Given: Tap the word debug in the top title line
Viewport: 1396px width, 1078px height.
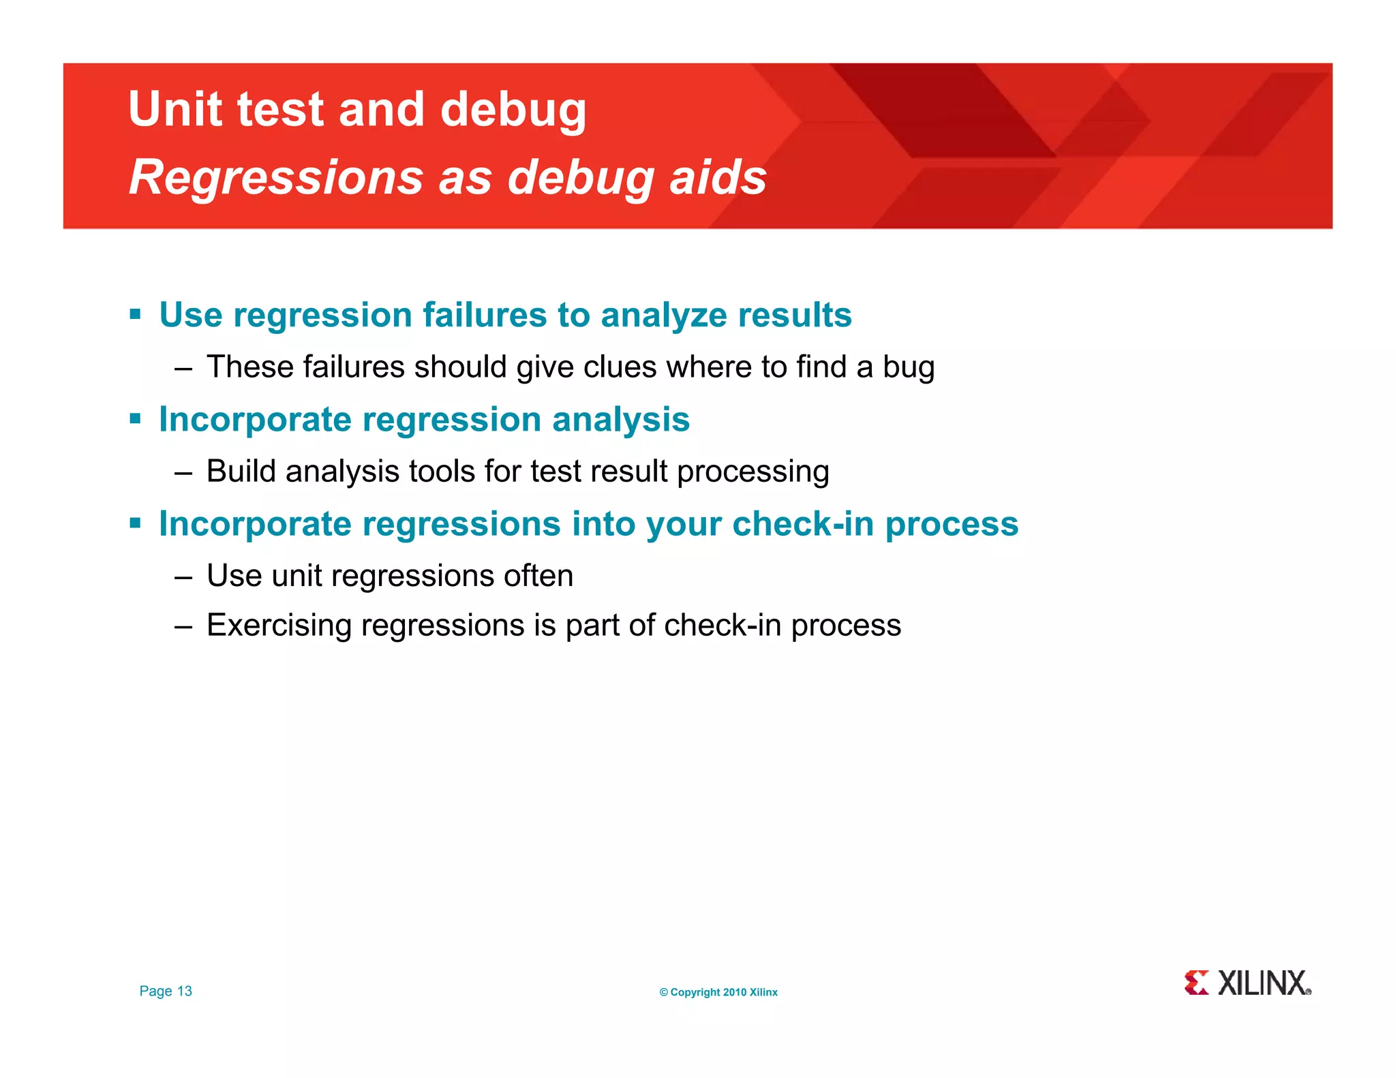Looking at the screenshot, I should coord(513,111).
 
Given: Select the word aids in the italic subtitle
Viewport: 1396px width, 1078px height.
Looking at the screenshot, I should coord(718,177).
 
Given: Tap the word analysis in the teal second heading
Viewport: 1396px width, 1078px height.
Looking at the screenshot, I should coord(620,420).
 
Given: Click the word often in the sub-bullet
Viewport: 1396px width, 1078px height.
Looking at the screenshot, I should coord(538,576).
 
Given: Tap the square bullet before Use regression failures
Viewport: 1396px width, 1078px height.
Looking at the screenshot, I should coord(135,315).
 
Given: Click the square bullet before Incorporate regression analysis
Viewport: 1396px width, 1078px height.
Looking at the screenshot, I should coord(135,419).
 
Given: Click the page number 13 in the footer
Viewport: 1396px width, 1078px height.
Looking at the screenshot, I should coord(184,991).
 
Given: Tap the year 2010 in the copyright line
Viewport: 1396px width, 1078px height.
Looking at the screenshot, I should coord(734,993).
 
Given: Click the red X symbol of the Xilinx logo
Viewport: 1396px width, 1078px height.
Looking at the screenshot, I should coord(1196,983).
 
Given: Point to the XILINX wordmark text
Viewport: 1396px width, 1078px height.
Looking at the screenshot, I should coord(1262,983).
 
